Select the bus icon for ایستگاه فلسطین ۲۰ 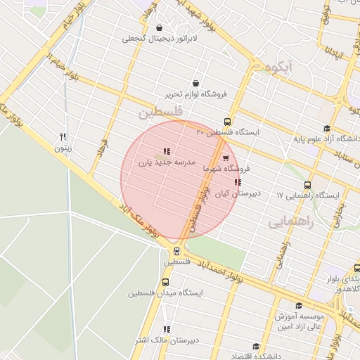click(x=226, y=121)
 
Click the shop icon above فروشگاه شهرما click(x=225, y=158)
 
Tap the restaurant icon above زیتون click(x=63, y=136)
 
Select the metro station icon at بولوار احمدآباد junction click(x=176, y=250)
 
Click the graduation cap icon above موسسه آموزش click(x=299, y=305)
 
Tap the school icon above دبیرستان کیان click(x=238, y=182)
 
